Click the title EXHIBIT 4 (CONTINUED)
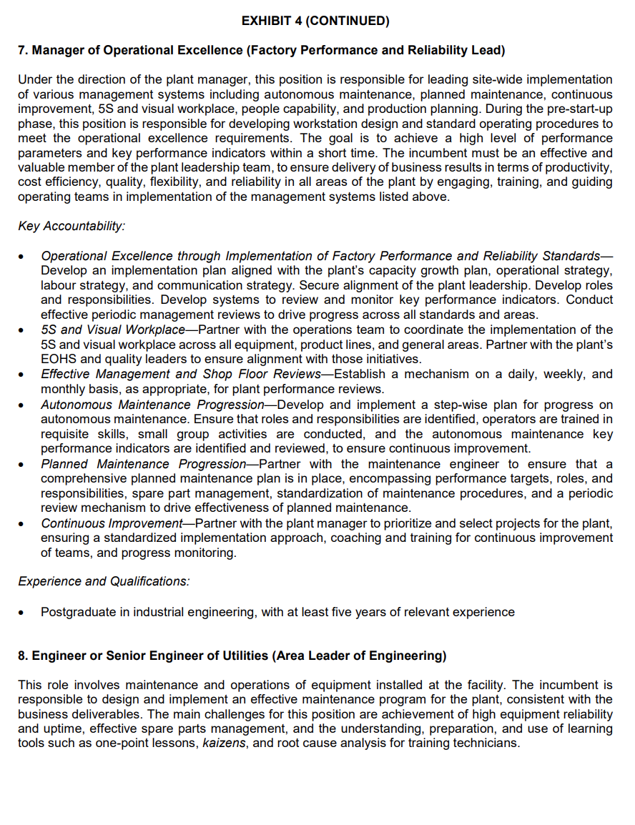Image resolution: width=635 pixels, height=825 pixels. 315,21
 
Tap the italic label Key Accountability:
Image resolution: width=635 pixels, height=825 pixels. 72,226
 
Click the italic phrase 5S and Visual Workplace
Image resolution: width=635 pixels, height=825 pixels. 112,330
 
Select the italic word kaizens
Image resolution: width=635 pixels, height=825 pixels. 222,743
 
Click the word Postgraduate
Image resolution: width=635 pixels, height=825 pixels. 75,612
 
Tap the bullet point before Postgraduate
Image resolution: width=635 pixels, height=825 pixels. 24,613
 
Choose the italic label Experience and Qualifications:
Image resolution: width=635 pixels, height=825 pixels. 104,581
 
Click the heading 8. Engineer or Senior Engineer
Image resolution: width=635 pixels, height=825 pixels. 232,656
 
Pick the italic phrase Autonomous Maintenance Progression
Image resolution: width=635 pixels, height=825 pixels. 152,405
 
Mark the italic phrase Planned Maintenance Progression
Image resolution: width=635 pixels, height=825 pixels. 143,464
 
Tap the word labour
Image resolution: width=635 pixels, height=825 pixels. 59,285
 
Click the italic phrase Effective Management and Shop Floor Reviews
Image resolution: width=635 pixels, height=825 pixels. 180,374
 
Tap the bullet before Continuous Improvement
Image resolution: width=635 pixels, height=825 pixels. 24,524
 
